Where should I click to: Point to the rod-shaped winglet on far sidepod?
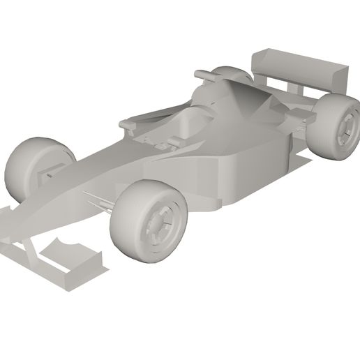[x=207, y=73]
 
